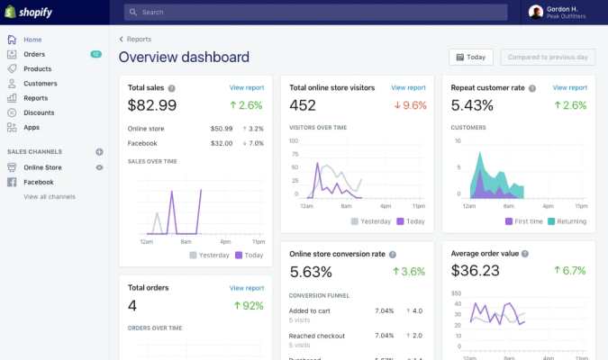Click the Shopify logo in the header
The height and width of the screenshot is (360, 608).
click(x=30, y=12)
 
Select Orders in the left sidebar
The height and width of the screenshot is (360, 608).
click(x=34, y=54)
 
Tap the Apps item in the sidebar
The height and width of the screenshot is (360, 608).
click(x=32, y=127)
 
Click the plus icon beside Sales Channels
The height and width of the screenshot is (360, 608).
click(x=99, y=151)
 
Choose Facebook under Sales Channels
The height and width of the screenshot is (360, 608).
click(x=39, y=182)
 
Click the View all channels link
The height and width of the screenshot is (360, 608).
click(x=50, y=196)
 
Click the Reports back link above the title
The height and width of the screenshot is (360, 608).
click(x=138, y=40)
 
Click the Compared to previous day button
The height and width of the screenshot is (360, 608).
click(x=548, y=57)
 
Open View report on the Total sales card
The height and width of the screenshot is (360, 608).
click(x=247, y=88)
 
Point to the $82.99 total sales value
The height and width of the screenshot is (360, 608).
click(x=152, y=105)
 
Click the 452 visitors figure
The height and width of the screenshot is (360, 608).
click(x=303, y=105)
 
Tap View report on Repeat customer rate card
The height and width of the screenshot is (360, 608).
click(x=569, y=88)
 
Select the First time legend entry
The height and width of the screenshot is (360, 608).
click(x=524, y=221)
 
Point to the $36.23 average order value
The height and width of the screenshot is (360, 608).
click(x=476, y=271)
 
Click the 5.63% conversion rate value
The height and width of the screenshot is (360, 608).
click(x=311, y=271)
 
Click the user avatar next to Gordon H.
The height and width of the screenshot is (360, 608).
click(x=536, y=12)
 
